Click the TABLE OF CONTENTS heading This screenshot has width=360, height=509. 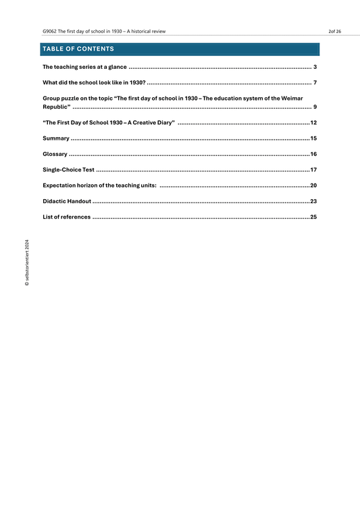pos(78,49)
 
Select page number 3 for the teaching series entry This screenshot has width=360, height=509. pos(315,68)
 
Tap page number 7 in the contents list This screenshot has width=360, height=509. pos(315,82)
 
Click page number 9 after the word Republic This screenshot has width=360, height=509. pos(315,107)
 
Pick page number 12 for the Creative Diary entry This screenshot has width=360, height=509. pos(313,123)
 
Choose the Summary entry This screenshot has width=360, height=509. pos(56,138)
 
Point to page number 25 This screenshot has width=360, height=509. pos(313,217)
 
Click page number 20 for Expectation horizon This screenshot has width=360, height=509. pos(313,185)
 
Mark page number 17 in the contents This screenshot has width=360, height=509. pos(313,169)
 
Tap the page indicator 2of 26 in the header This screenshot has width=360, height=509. pos(334,32)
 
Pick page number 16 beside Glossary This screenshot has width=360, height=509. pos(313,154)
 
